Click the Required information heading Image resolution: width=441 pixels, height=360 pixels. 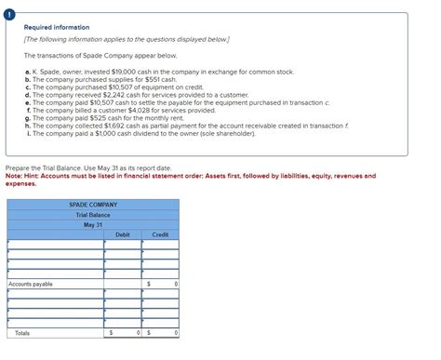click(49, 28)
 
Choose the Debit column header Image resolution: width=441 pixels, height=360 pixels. click(123, 235)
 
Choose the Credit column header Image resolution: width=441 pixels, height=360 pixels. click(160, 235)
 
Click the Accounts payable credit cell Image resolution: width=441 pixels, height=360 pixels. click(160, 284)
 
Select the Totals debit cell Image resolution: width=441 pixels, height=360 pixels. click(123, 332)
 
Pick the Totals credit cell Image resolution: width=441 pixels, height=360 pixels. click(160, 332)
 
